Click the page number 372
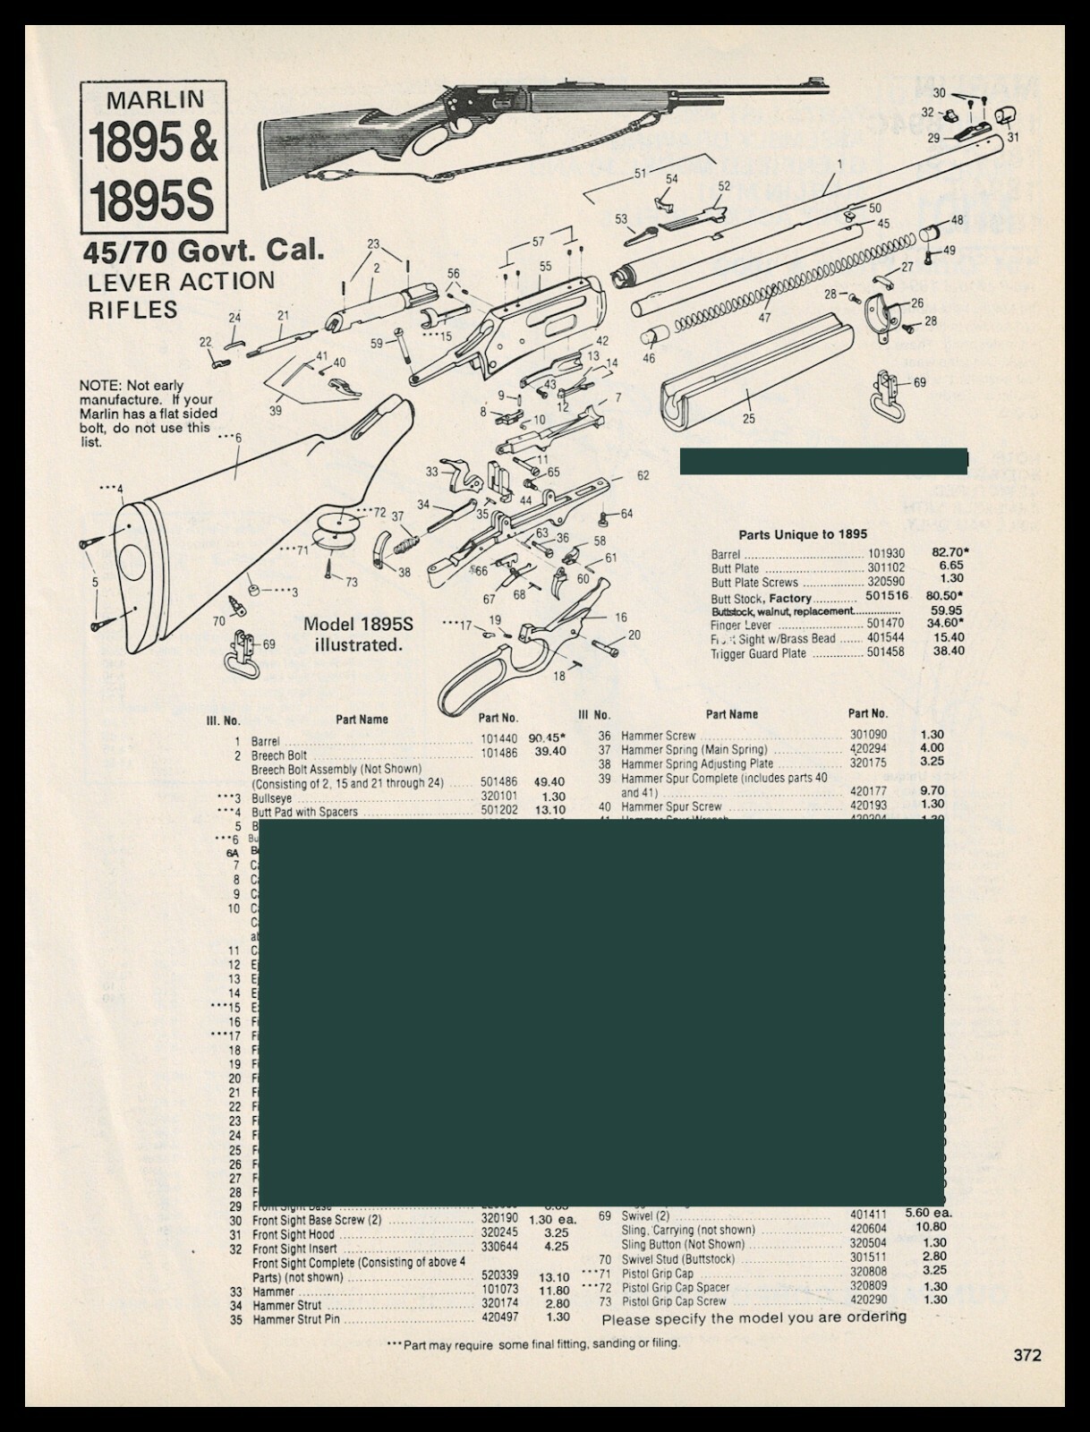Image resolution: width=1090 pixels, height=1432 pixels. (x=1027, y=1355)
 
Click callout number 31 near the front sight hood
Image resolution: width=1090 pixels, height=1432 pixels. (x=1012, y=137)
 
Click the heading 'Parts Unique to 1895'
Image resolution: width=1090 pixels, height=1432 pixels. (x=802, y=534)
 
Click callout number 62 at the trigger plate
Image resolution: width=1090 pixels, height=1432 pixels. (x=643, y=476)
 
